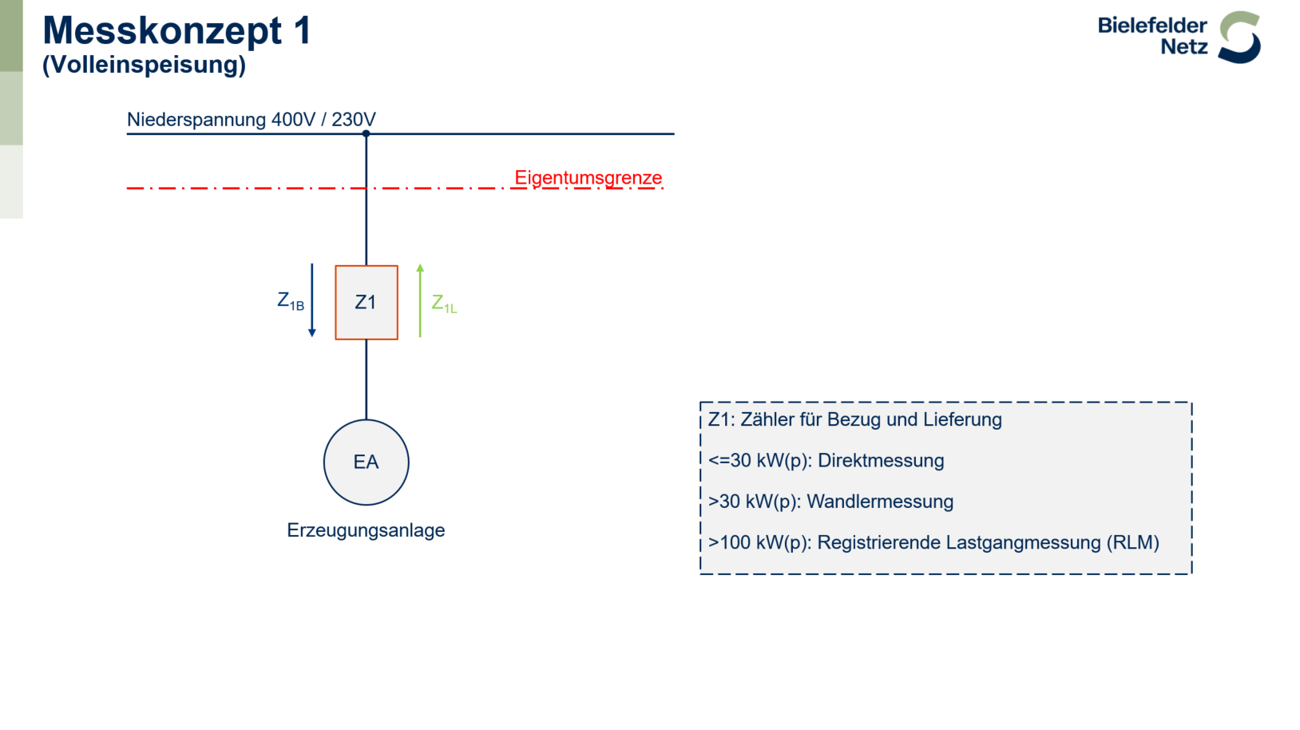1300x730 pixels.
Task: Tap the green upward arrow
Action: click(x=420, y=300)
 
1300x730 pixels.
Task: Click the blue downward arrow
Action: click(x=311, y=300)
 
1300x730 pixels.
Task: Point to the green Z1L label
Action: click(x=444, y=304)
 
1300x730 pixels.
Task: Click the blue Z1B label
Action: click(x=291, y=301)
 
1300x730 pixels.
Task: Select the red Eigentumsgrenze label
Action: click(x=588, y=177)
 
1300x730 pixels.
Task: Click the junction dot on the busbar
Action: click(x=367, y=133)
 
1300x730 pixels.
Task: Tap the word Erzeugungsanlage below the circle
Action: click(x=366, y=530)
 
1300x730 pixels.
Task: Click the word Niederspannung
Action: click(x=196, y=120)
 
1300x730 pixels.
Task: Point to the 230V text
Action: click(x=354, y=120)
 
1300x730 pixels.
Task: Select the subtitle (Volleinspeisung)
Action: click(x=144, y=65)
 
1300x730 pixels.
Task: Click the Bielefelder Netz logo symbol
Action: click(x=1239, y=37)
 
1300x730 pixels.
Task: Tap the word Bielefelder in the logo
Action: click(x=1152, y=26)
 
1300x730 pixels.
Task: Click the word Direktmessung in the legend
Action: click(x=881, y=461)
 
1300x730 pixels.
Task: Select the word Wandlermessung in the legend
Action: click(x=880, y=502)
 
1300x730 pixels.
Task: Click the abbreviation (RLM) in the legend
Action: click(x=1133, y=542)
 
